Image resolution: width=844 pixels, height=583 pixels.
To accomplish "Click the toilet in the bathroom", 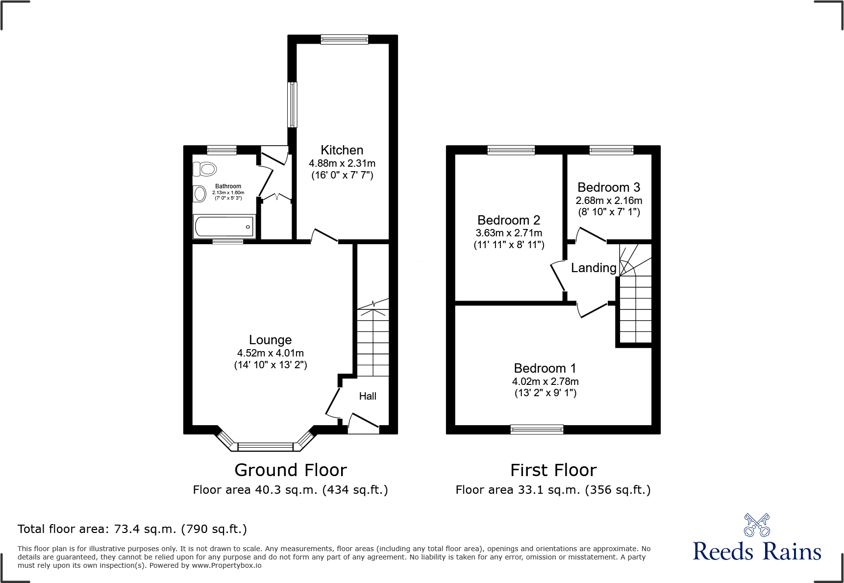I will pos(205,169).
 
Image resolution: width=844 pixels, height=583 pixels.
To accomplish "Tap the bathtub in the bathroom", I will pos(224,227).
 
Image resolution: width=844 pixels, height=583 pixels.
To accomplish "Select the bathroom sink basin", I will pos(199,194).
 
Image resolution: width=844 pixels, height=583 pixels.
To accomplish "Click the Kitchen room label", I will pos(342,150).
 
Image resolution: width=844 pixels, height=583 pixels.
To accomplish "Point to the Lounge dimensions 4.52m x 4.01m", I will pos(270,353).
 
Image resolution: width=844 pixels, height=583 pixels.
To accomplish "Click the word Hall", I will pos(368,396).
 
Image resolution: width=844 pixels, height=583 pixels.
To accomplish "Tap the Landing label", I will pos(593,268).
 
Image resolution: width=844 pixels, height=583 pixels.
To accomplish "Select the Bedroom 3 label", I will pos(608,187).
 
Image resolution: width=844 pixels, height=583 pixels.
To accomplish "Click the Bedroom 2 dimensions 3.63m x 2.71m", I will pos(509,233).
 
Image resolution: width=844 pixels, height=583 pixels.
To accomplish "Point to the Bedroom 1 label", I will pos(545,368).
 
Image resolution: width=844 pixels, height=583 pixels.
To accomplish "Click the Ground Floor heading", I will pos(291,470).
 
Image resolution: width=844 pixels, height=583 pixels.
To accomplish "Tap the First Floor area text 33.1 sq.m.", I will pos(553,490).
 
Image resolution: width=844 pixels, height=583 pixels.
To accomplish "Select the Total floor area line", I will pos(132,529).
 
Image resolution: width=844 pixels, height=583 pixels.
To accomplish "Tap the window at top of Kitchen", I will pos(344,39).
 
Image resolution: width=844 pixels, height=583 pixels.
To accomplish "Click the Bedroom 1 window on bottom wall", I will pos(537,430).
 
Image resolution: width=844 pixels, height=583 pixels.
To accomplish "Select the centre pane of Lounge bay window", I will pos(265,447).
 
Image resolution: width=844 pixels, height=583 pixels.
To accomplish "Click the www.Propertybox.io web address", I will pos(226,565).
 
